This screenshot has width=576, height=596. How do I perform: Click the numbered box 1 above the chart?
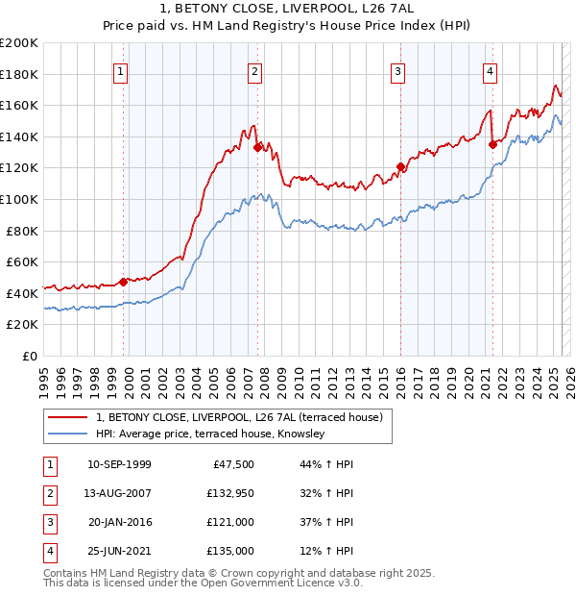[x=121, y=70]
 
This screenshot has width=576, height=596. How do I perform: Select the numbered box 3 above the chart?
[x=397, y=70]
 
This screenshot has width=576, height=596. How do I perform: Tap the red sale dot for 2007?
[x=257, y=147]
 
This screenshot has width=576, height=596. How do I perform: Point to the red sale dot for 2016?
[x=400, y=166]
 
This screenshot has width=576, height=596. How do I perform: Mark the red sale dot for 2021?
[x=492, y=144]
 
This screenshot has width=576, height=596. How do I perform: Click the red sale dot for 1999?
[x=124, y=282]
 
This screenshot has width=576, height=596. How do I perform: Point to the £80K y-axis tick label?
[x=21, y=231]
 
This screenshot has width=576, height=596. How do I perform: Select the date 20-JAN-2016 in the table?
[x=119, y=522]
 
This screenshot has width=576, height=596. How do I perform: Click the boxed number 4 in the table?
[x=48, y=551]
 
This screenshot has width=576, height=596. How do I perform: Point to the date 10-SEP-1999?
[x=119, y=464]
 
